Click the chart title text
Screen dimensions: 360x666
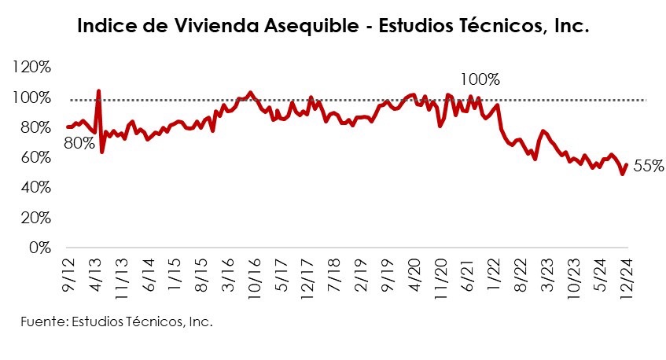click(x=333, y=27)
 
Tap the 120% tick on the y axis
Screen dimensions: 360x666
click(x=31, y=68)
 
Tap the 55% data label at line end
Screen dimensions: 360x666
click(x=649, y=166)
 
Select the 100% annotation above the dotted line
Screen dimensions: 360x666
click(x=480, y=79)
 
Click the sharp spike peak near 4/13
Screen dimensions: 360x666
click(x=98, y=91)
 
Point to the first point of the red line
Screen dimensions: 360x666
click(x=67, y=127)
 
